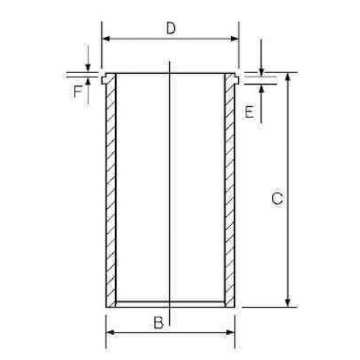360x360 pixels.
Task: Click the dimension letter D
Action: [x=171, y=28]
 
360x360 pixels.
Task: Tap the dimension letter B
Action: [x=159, y=323]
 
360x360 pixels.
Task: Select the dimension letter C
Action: [x=277, y=198]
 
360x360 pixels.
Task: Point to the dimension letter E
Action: [x=249, y=113]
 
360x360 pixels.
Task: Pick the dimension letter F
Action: [x=78, y=91]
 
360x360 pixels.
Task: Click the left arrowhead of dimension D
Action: [x=106, y=38]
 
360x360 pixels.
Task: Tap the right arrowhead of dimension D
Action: [x=235, y=38]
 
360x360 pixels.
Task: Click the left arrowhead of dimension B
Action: [x=110, y=333]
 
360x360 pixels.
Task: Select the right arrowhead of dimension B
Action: [x=230, y=333]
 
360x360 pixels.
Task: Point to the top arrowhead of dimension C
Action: [x=288, y=77]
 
